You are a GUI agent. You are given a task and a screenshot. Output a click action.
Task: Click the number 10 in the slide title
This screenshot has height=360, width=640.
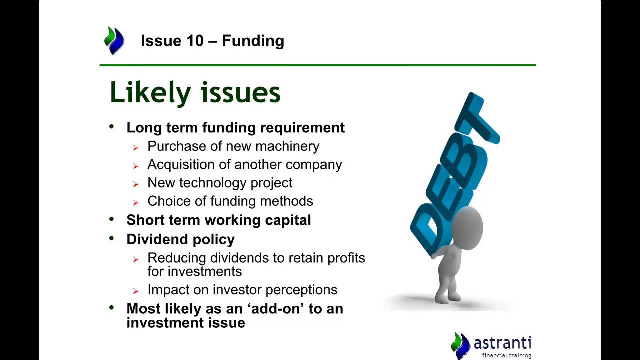[195, 41]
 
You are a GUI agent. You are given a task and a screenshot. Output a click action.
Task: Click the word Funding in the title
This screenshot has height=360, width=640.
[253, 41]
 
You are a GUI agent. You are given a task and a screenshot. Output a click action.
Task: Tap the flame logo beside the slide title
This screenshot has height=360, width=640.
[114, 40]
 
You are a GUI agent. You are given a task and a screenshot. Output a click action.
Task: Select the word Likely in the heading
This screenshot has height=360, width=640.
[150, 93]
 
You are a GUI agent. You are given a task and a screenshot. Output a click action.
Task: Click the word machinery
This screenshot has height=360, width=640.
[287, 147]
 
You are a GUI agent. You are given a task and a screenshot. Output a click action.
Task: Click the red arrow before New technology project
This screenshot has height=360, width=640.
[135, 184]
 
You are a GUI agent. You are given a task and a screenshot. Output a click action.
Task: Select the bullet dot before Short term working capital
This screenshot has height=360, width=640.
[111, 219]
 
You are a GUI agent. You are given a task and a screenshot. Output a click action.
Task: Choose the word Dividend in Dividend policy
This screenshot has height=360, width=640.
[157, 239]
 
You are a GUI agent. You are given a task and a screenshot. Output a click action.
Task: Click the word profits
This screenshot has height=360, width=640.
[346, 258]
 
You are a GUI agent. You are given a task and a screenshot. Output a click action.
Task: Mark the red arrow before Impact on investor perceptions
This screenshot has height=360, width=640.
[135, 291]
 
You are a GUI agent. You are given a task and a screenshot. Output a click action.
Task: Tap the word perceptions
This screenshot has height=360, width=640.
[301, 290]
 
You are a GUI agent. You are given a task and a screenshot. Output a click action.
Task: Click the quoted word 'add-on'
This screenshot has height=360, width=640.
[277, 309]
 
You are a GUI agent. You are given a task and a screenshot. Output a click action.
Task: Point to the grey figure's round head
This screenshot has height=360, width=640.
[467, 228]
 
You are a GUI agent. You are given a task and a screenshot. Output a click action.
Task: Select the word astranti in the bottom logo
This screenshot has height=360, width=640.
[502, 343]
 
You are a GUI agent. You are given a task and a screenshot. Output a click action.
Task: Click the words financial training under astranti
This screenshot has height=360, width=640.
[507, 355]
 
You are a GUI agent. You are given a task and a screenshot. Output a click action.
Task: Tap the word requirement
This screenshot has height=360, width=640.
[302, 128]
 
